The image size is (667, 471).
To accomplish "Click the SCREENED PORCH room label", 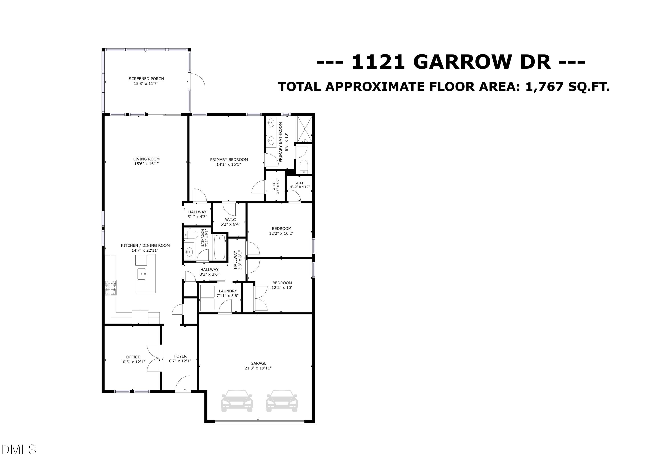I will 146,79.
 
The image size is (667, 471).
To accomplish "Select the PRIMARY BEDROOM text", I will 229,160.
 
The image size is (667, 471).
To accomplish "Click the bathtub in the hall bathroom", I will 220,247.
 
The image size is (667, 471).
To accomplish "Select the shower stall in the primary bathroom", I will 304,129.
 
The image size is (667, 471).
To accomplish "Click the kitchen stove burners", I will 111,288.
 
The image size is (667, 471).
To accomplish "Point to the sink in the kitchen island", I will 141,274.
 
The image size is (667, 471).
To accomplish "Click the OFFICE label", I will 133,357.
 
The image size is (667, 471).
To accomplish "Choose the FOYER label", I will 180,356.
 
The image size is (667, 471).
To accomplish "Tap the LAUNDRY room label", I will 228,291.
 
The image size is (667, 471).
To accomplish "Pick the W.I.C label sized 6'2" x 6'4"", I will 230,220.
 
